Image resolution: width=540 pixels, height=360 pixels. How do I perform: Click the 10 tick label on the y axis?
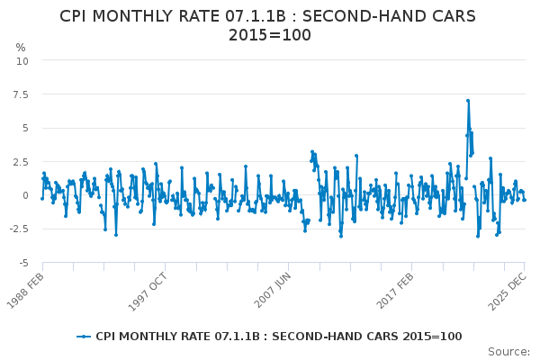22,61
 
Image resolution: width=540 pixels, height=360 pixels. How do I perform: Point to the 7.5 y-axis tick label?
21,94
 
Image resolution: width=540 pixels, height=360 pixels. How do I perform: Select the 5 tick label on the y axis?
25,128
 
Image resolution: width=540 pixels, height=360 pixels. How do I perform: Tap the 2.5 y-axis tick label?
21,162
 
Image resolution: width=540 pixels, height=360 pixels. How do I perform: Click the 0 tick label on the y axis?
25,195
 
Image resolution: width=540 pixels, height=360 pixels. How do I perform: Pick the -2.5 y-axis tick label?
19,229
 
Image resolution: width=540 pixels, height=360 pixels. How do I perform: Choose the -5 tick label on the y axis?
23,263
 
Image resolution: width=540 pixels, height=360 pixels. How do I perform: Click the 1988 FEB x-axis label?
25,291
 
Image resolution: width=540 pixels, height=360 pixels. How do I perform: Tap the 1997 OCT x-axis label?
148,292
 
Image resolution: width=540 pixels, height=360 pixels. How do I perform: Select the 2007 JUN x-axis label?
272,291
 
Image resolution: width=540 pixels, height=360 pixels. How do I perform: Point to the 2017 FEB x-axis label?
395,291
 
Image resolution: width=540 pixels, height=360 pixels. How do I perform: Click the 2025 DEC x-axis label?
508,292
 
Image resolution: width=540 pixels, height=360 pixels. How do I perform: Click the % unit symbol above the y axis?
21,47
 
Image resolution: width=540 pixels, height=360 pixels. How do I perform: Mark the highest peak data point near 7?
468,101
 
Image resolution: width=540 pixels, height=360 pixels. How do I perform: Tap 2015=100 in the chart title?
270,35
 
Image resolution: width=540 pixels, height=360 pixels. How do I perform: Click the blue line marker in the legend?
84,337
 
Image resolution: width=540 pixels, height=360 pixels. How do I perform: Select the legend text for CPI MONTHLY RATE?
279,337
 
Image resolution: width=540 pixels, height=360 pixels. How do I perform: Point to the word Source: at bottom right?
508,352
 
